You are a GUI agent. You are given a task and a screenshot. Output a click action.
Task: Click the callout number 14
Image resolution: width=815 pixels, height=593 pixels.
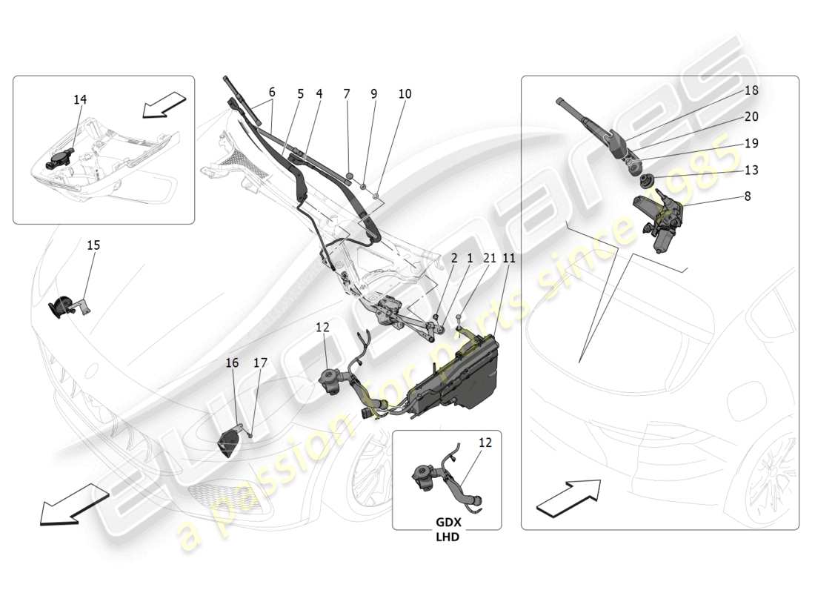click(79, 99)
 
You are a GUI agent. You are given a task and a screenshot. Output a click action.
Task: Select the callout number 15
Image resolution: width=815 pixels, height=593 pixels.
click(93, 245)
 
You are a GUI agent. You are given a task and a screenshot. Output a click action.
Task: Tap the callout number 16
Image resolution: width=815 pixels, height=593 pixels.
click(232, 362)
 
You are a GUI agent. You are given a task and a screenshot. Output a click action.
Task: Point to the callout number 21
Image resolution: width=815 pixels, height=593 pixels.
click(490, 258)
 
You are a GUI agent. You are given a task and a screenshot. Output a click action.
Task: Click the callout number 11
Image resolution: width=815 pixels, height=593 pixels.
click(508, 258)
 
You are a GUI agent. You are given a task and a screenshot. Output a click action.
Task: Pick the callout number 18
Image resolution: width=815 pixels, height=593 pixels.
click(751, 90)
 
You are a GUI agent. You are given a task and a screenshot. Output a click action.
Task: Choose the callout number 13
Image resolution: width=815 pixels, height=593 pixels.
click(751, 170)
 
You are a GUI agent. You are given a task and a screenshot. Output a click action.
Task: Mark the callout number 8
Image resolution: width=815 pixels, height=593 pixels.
click(747, 196)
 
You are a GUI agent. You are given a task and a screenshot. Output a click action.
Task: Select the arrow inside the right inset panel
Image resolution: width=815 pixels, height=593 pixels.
click(568, 495)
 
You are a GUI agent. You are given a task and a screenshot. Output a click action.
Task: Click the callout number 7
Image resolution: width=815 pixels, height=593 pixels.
click(346, 94)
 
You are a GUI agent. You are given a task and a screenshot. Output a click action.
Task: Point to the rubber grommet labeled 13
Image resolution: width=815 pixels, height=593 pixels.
click(645, 179)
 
